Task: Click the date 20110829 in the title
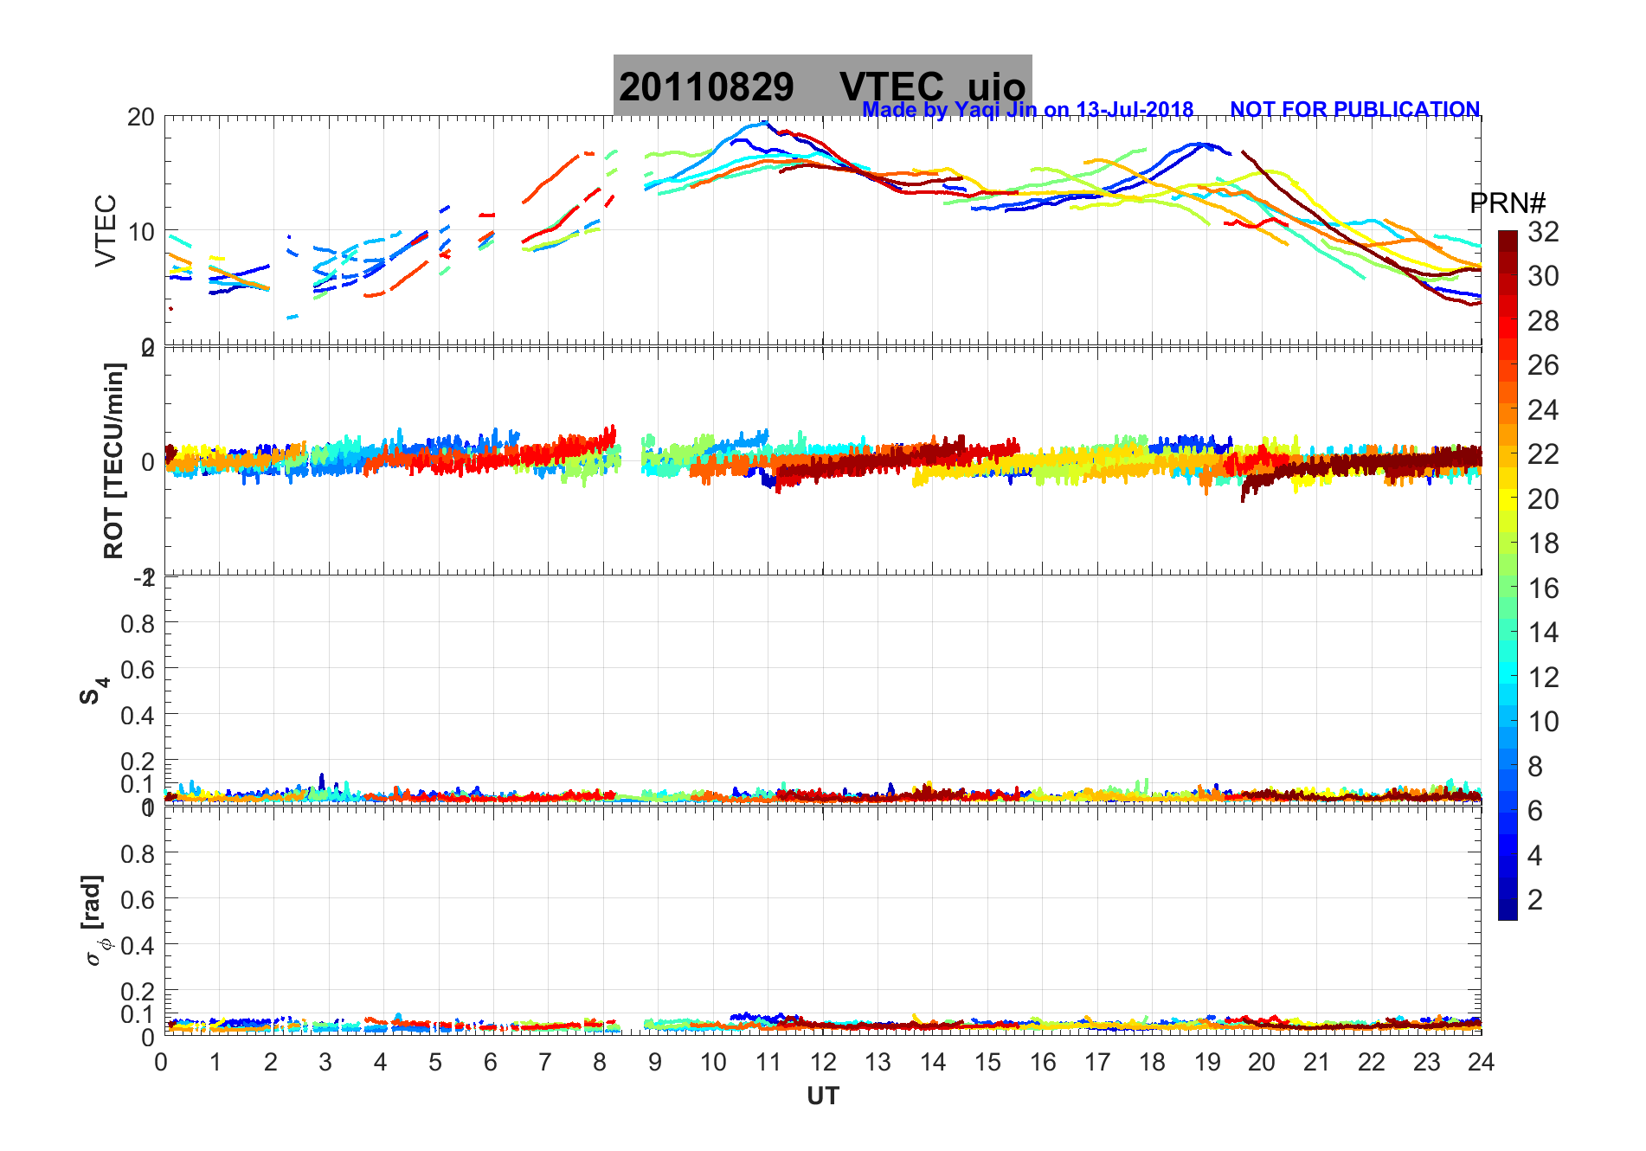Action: click(706, 87)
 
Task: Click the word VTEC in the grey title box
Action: click(891, 87)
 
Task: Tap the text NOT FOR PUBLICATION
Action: click(1354, 110)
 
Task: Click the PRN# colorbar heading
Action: click(1508, 203)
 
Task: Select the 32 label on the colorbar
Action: click(1543, 231)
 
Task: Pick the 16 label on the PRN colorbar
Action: click(1543, 588)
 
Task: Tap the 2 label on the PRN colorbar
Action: click(1535, 900)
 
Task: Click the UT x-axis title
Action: click(822, 1096)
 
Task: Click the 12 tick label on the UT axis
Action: click(823, 1062)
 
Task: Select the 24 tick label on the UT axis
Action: click(1481, 1062)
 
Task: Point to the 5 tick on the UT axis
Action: click(435, 1062)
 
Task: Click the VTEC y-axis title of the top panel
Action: click(105, 230)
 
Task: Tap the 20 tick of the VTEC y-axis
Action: click(140, 117)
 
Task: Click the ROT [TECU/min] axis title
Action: click(113, 460)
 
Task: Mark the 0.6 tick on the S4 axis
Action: click(138, 669)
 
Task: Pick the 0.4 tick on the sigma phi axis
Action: click(138, 945)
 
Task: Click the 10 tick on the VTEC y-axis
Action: click(140, 232)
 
